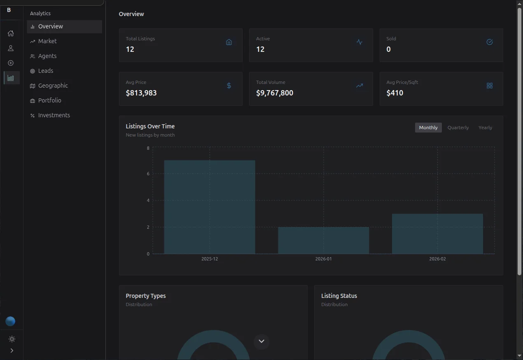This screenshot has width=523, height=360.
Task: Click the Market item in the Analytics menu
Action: tap(47, 41)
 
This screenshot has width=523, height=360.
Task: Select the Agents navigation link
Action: tap(47, 56)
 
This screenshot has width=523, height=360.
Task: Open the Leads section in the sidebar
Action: tap(46, 71)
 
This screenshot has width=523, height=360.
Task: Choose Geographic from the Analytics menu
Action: tap(53, 86)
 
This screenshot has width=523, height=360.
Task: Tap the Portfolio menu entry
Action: tap(49, 100)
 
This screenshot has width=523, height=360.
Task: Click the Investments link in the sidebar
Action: tap(54, 115)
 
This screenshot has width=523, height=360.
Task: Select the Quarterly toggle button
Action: tap(458, 128)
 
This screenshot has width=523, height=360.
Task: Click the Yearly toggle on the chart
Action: tap(485, 128)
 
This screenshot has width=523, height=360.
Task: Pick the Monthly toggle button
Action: tap(428, 128)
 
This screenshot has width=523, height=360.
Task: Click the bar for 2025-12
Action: tap(210, 207)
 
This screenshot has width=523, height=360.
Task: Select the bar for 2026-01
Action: tap(323, 240)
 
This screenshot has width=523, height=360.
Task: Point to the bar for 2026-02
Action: tap(437, 234)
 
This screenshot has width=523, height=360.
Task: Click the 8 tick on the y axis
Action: tap(148, 148)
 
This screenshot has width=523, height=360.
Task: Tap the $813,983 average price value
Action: tap(141, 93)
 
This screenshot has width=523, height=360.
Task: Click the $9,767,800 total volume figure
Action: tap(275, 93)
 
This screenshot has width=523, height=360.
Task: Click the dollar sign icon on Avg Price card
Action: tap(229, 86)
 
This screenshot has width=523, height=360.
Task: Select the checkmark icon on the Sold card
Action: tap(490, 42)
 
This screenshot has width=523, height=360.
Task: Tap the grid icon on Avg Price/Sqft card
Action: tap(490, 86)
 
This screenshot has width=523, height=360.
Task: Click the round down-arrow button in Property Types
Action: tap(261, 341)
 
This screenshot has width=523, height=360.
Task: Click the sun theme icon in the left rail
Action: tap(12, 339)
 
